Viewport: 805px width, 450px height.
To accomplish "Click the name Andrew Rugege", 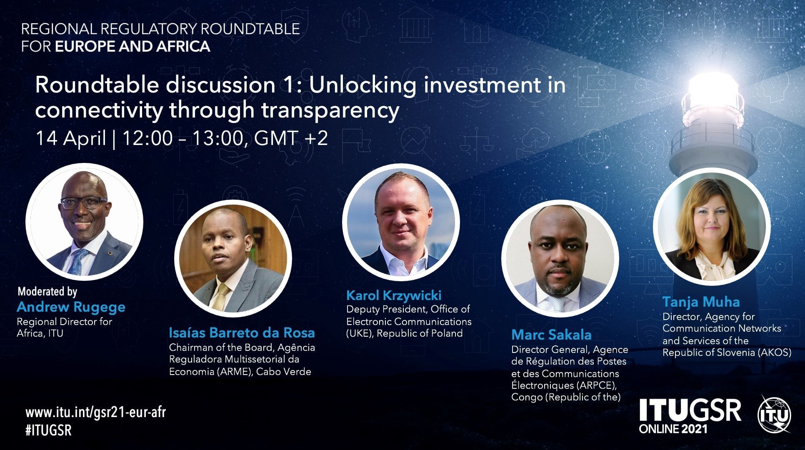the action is [71, 307].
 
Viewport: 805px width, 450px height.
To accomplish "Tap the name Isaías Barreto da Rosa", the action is [242, 333].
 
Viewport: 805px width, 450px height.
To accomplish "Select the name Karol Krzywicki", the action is [394, 296].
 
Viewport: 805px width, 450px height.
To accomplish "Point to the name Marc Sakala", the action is [551, 335].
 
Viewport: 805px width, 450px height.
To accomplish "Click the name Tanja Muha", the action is [701, 302].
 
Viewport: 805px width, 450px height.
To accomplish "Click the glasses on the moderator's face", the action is [84, 202].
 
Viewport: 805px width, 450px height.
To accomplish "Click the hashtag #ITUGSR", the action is [48, 430].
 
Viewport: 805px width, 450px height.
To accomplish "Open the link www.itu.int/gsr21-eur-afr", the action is [95, 412].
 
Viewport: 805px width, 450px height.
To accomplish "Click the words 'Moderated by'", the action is [47, 291].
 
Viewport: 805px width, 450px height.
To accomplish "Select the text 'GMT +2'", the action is [291, 138].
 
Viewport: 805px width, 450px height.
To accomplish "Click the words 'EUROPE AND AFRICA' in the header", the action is [132, 46].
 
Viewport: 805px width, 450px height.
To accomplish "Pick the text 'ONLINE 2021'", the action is [673, 428].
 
